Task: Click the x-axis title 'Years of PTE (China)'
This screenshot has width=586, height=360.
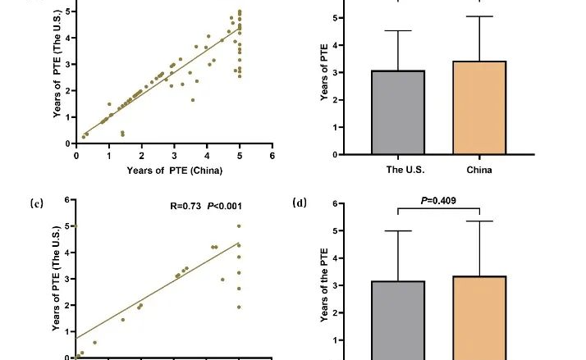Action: [x=175, y=171]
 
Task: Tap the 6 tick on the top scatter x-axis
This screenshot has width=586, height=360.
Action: [x=272, y=153]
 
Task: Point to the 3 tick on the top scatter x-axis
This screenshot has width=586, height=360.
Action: [x=174, y=153]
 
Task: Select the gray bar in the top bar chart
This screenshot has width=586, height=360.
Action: [x=398, y=112]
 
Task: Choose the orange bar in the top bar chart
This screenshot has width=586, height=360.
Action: [x=478, y=107]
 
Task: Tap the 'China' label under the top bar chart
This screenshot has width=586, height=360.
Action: [x=478, y=171]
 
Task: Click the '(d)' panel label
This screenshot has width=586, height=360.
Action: [x=300, y=202]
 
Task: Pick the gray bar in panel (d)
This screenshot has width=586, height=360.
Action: [x=398, y=320]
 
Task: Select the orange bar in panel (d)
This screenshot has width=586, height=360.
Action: [x=478, y=317]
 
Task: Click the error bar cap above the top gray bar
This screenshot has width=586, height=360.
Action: [x=398, y=31]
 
